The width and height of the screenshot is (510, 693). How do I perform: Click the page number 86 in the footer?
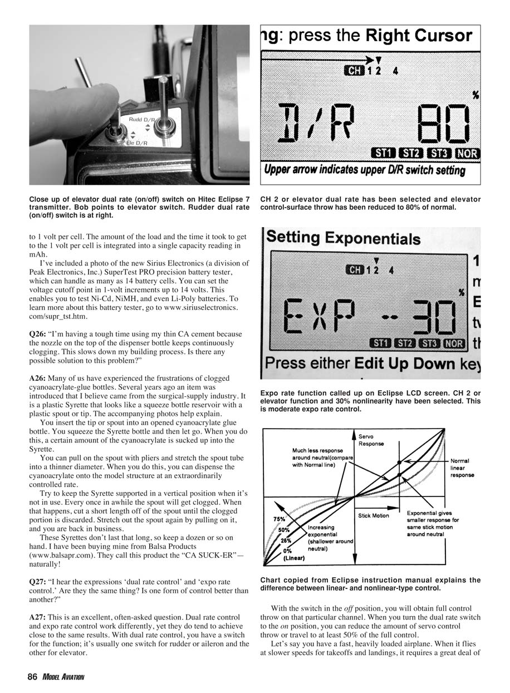[x=32, y=677]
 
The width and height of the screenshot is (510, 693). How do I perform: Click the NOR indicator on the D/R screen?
[x=467, y=153]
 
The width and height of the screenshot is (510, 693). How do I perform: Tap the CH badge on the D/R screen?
[x=354, y=71]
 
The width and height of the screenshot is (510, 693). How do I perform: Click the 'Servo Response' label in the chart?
[x=371, y=440]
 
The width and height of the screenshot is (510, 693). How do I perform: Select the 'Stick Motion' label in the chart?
[x=374, y=515]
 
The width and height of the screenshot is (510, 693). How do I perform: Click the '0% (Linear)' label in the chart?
[x=293, y=554]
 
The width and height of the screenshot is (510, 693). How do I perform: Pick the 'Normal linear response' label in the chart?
[x=462, y=468]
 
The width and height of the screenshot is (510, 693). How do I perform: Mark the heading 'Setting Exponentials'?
[x=343, y=239]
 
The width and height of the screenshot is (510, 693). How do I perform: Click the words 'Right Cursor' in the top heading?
[x=419, y=36]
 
